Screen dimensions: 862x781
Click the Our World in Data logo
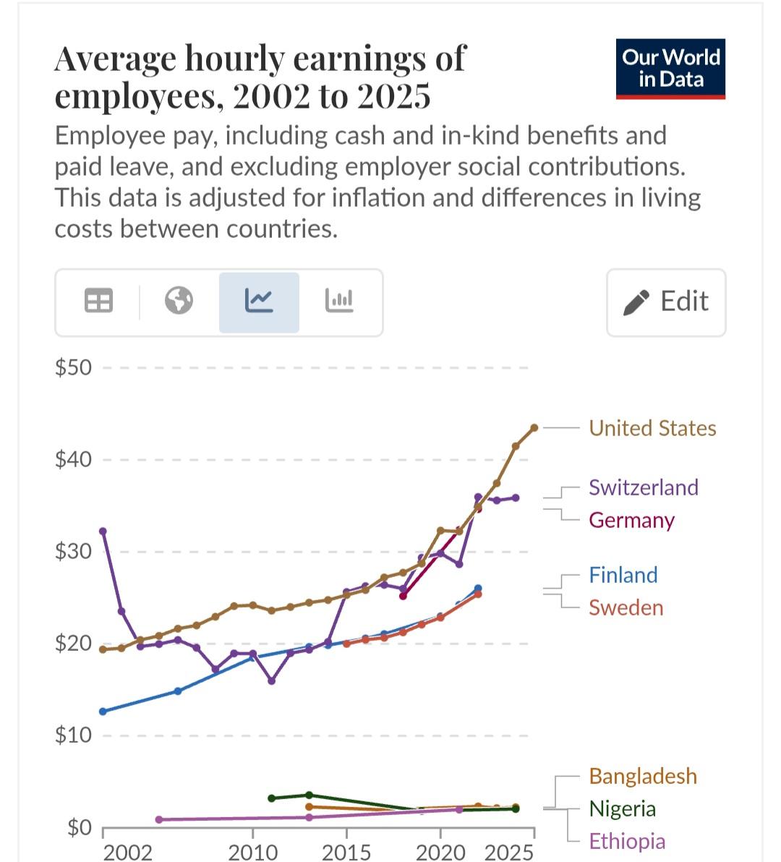click(670, 69)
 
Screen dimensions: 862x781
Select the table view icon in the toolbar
click(98, 300)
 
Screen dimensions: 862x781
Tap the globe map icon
click(179, 300)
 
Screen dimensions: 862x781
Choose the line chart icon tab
click(259, 300)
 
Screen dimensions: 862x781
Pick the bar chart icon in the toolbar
click(339, 300)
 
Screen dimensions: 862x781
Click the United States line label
click(652, 428)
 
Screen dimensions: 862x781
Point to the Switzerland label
click(643, 487)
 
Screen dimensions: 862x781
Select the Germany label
click(631, 520)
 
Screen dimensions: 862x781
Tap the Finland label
click(623, 575)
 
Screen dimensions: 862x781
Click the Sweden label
click(626, 607)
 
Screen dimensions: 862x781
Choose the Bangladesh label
click(643, 776)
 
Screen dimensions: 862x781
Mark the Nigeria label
click(622, 808)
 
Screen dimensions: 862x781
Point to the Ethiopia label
click(626, 841)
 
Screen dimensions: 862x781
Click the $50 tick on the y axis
click(74, 367)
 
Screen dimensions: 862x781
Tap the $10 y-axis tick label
click(74, 735)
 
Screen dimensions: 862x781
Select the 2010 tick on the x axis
click(252, 852)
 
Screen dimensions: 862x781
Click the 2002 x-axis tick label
click(128, 852)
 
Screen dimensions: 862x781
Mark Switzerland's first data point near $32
click(103, 532)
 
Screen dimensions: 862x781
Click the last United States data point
click(534, 428)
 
